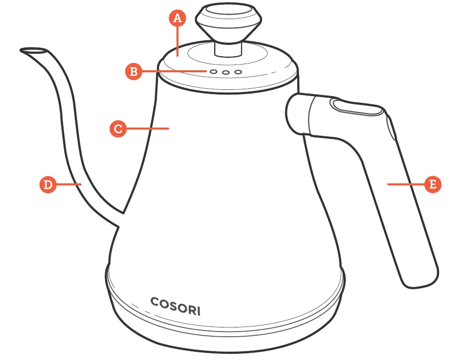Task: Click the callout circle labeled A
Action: (177, 18)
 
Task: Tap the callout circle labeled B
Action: (133, 71)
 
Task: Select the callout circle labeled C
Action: (118, 128)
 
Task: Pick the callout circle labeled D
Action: (48, 184)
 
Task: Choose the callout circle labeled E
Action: (433, 184)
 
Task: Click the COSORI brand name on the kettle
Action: (175, 306)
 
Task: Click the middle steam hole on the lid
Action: (225, 72)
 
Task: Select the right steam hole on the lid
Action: (238, 72)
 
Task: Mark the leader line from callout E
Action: (406, 184)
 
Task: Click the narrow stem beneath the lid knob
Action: (227, 48)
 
